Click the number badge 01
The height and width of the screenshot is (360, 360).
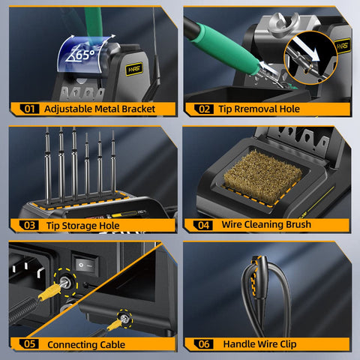(x=30, y=109)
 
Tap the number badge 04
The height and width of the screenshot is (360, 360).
(x=204, y=225)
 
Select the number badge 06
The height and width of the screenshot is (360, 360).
(x=204, y=344)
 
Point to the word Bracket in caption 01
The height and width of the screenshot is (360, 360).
(x=135, y=109)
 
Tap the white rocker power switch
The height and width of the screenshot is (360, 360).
(x=88, y=265)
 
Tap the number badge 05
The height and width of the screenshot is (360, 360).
(x=30, y=344)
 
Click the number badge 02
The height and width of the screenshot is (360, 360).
(x=204, y=109)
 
